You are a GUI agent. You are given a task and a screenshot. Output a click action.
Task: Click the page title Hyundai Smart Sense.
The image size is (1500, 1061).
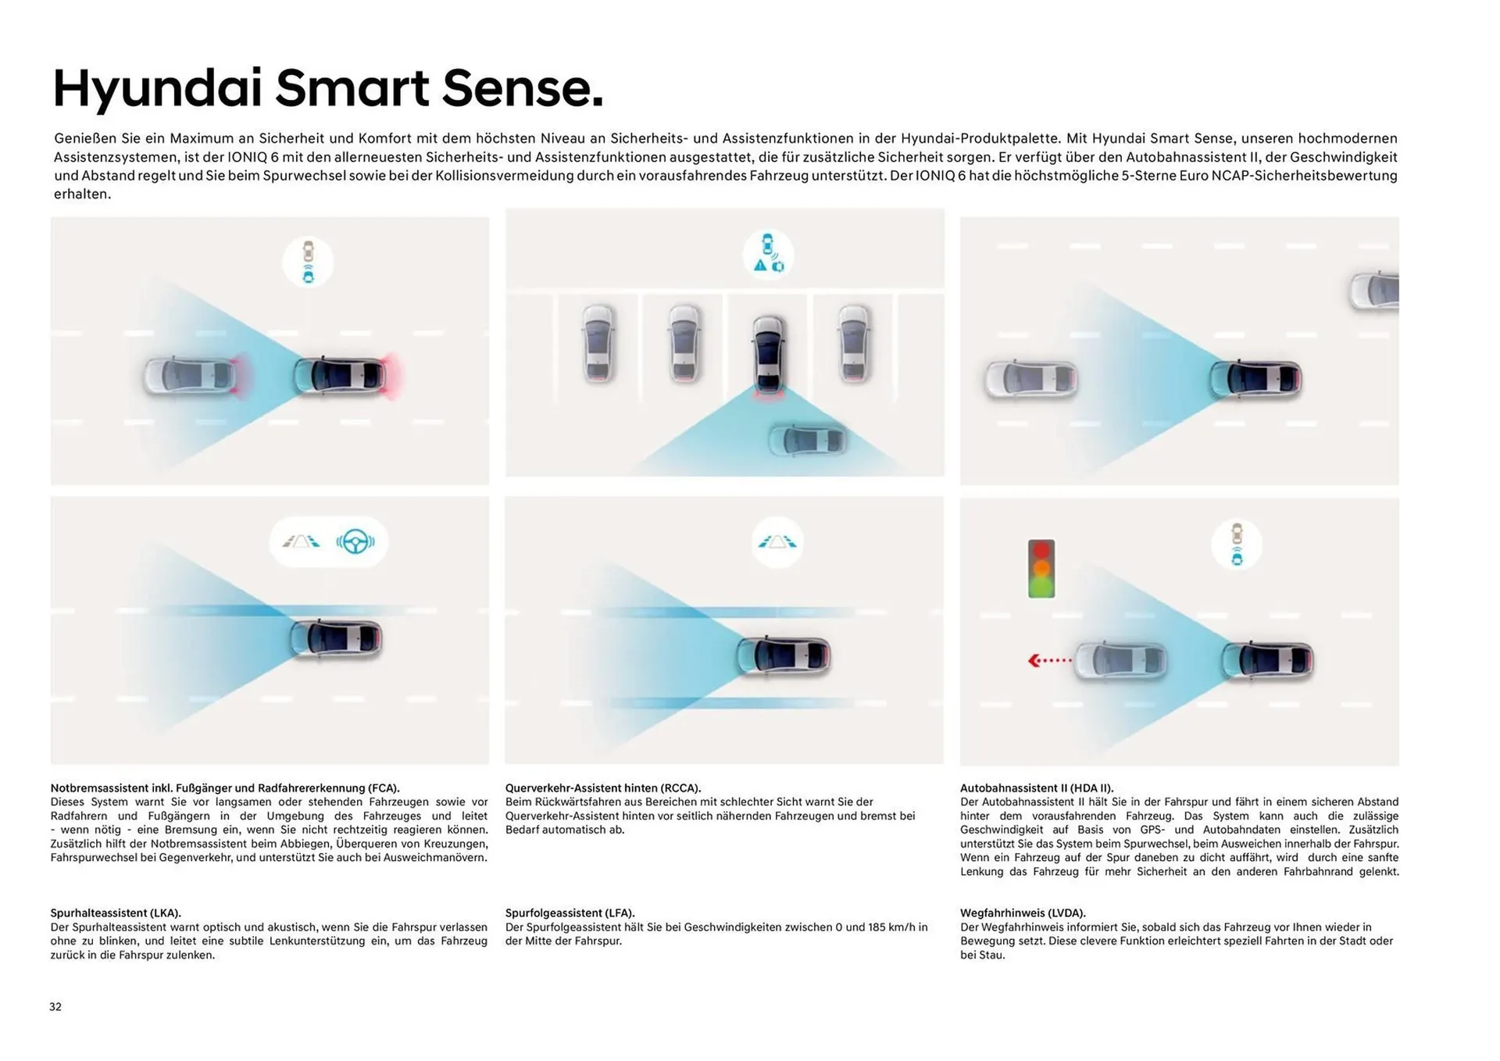(328, 88)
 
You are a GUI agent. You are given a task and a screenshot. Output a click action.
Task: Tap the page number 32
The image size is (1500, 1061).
(55, 1006)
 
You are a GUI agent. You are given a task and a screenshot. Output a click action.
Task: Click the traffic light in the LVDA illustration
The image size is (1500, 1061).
(1041, 569)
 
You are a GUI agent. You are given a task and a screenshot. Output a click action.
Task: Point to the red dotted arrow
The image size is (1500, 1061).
(1049, 661)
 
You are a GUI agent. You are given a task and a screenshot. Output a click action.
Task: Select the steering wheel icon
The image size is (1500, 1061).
(355, 541)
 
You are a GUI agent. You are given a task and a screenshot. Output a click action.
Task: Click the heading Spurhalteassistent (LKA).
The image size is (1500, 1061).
(116, 913)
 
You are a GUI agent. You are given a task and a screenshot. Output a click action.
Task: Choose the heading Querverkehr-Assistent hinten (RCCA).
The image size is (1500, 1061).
(603, 788)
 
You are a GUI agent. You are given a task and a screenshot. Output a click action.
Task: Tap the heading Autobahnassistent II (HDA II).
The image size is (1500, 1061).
(1037, 788)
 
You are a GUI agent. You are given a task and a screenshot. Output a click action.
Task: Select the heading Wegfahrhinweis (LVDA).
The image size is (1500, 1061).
(1023, 913)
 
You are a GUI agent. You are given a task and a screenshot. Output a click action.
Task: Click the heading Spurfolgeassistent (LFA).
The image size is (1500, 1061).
(570, 913)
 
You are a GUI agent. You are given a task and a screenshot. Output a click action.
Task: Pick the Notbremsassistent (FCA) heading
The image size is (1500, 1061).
(225, 788)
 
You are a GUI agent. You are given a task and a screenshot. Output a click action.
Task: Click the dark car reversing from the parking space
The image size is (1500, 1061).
(769, 355)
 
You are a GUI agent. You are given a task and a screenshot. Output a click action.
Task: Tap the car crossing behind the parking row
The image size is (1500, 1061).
(808, 440)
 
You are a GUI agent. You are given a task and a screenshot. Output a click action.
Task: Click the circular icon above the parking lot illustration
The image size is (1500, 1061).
(768, 255)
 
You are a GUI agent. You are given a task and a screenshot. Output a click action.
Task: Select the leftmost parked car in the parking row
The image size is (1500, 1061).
(598, 343)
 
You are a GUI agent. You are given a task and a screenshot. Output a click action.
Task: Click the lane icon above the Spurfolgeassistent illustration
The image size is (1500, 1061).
(777, 541)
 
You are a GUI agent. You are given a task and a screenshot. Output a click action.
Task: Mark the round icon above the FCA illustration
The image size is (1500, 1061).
(308, 262)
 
